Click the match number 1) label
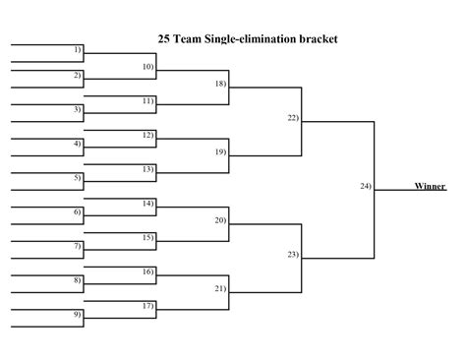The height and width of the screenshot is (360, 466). [x=78, y=49]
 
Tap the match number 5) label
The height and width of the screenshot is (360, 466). [x=78, y=177]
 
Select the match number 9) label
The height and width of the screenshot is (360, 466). [x=78, y=314]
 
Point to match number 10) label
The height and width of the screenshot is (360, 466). [x=147, y=66]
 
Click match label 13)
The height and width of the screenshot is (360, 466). [x=147, y=168]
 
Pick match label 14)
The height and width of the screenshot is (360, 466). [x=147, y=203]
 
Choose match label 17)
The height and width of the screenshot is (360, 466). [x=147, y=305]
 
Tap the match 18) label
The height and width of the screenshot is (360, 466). [x=220, y=84]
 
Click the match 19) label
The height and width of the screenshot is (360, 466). [x=220, y=151]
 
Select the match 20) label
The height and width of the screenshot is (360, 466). [x=220, y=220]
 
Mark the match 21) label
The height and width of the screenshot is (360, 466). [x=220, y=288]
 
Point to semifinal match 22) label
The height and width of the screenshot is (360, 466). [x=293, y=118]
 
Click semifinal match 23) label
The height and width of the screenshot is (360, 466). [x=293, y=254]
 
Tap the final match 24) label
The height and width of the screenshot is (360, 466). [x=366, y=186]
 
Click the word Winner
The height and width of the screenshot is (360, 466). [x=430, y=185]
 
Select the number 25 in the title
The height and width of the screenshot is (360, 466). [x=164, y=39]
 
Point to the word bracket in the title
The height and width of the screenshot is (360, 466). [x=320, y=39]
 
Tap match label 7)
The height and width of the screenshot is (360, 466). [x=78, y=245]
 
